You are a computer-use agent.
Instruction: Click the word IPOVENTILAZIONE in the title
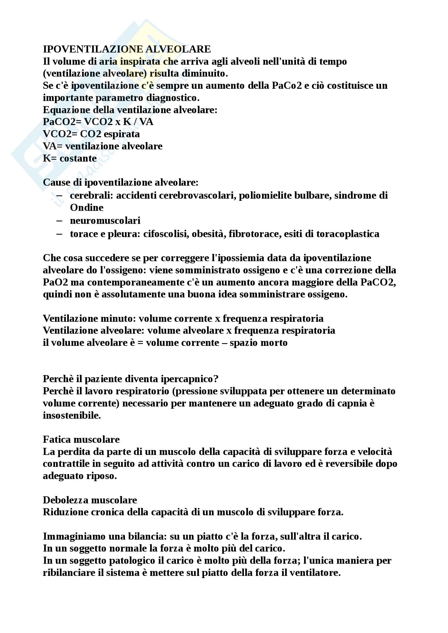click(x=93, y=49)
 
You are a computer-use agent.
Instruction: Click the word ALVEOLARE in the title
click(x=178, y=49)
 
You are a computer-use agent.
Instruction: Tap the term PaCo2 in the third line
click(x=287, y=86)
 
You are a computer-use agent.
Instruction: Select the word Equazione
click(x=65, y=110)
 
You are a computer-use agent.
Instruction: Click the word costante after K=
click(x=78, y=159)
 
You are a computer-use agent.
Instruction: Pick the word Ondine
click(x=87, y=208)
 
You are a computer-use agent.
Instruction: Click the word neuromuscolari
click(x=105, y=221)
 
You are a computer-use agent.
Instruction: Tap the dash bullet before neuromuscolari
click(x=59, y=221)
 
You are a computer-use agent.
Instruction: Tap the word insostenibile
click(x=72, y=415)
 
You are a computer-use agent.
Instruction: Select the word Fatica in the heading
click(x=56, y=440)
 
